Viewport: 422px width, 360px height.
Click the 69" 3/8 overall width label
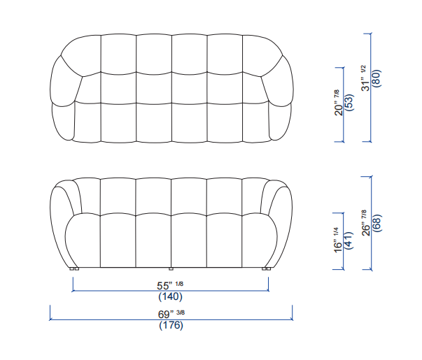coord(171,314)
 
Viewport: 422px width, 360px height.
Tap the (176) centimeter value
coord(171,325)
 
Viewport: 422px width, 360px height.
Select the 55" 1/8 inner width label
coord(170,285)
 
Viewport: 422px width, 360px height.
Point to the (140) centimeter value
coord(170,296)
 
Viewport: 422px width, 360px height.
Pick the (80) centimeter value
coord(377,78)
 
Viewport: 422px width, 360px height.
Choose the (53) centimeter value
coord(349,103)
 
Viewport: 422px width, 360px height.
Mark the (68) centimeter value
coord(377,223)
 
